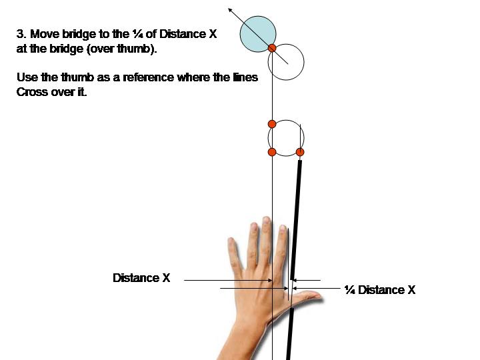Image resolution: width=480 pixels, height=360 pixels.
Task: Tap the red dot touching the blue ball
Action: (272, 48)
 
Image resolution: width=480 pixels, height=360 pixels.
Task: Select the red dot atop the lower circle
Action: (272, 124)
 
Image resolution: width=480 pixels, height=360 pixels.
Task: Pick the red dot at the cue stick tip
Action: (300, 153)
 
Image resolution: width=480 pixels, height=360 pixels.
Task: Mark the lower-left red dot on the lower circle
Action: (272, 153)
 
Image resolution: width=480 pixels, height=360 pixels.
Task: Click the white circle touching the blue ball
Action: (287, 63)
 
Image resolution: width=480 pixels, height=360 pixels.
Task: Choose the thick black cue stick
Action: (295, 253)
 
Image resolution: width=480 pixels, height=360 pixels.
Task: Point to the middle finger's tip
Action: (267, 221)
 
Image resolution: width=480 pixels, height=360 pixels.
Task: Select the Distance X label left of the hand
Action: (141, 278)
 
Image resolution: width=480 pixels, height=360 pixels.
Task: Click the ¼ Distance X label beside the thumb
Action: (379, 290)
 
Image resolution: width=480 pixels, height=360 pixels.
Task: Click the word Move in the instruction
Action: (41, 34)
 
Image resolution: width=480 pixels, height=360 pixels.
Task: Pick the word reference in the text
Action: (148, 77)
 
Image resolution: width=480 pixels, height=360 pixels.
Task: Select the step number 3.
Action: (20, 34)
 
